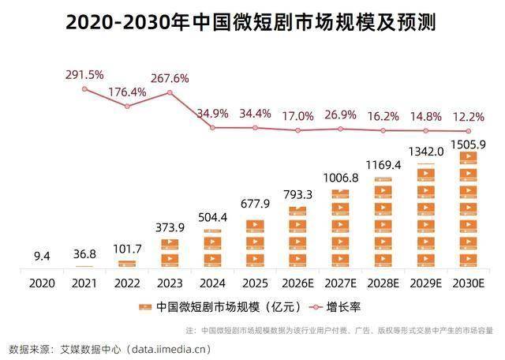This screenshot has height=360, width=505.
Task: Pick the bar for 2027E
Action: click(x=340, y=228)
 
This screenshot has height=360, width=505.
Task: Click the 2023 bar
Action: click(x=170, y=253)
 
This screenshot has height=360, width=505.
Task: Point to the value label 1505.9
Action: click(x=468, y=144)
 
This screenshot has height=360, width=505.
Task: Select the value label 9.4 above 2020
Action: click(x=42, y=255)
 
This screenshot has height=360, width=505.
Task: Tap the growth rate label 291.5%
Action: click(x=84, y=74)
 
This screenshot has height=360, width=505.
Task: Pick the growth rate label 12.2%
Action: click(x=468, y=116)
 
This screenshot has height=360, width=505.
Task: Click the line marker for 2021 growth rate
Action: click(x=84, y=88)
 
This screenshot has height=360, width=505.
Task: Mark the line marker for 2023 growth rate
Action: click(x=170, y=93)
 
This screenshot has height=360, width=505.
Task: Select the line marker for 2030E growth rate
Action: click(x=468, y=131)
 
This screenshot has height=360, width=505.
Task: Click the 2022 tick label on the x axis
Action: click(x=127, y=282)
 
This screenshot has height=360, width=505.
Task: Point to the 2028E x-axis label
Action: click(x=383, y=282)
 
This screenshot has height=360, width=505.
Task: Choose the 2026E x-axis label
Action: click(x=297, y=282)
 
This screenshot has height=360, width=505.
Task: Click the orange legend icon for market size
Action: click(x=144, y=306)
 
